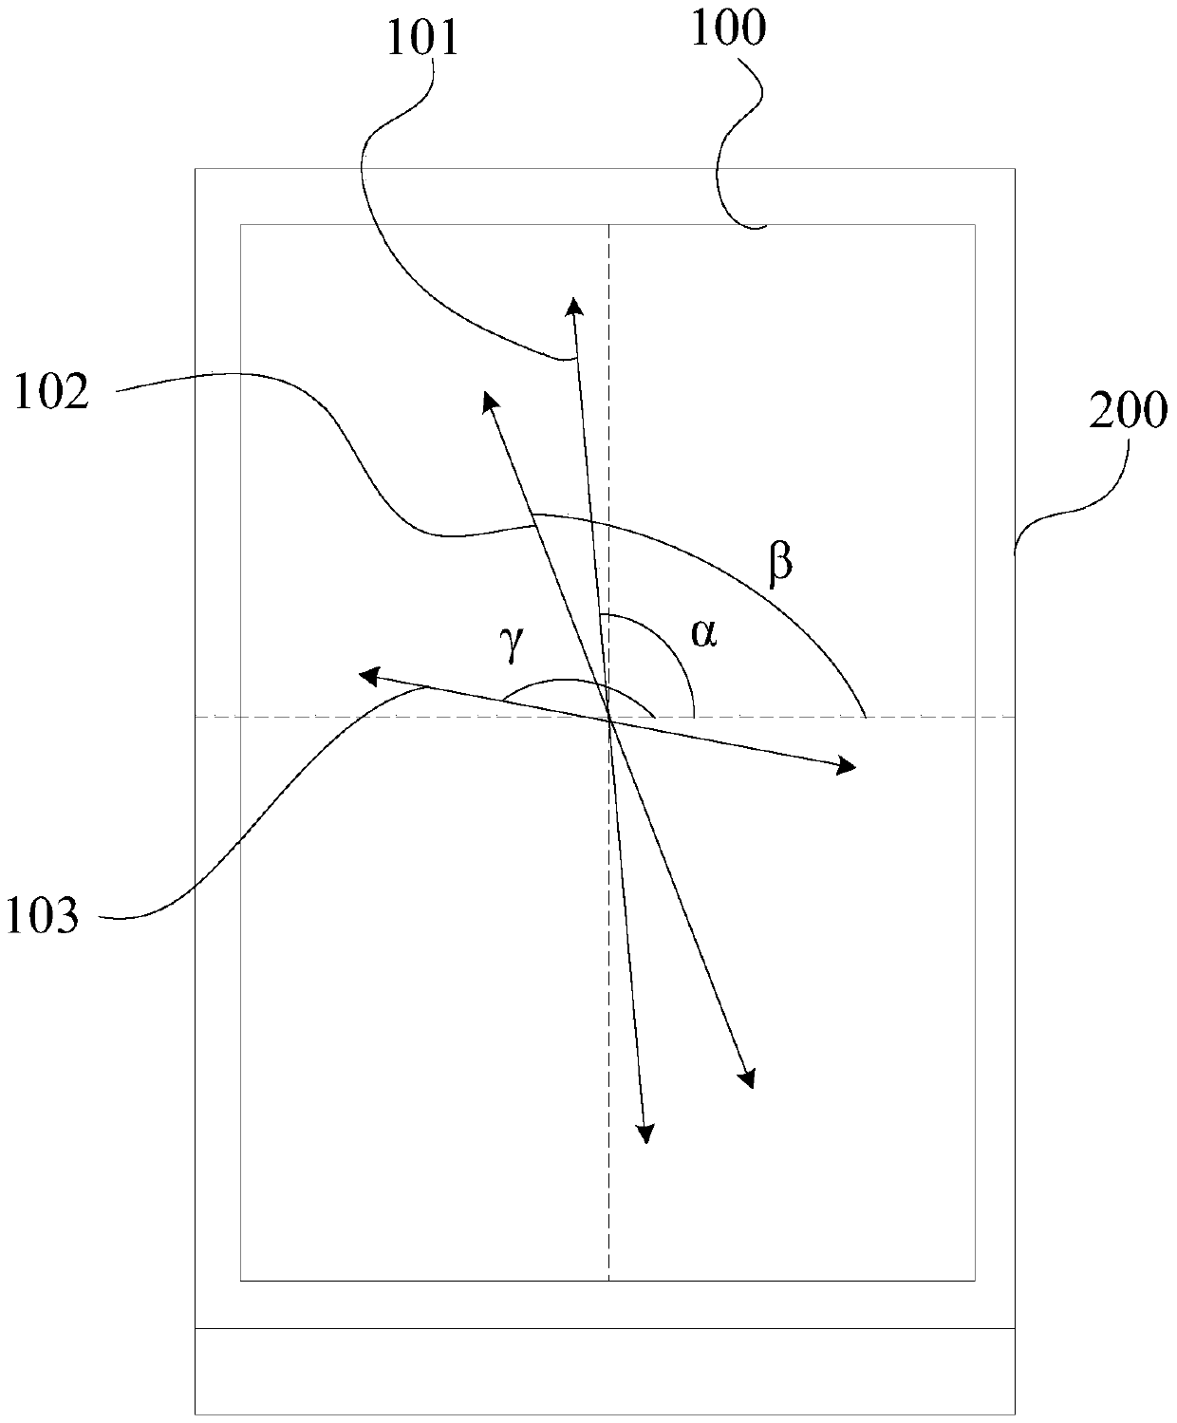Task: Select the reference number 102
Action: [52, 392]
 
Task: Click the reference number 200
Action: [1127, 412]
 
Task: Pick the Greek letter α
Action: [702, 633]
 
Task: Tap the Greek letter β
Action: [779, 563]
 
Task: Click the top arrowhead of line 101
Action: [573, 303]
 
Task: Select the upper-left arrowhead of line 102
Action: [490, 400]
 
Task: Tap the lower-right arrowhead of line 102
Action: [748, 1078]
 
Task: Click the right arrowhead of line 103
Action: [846, 767]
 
